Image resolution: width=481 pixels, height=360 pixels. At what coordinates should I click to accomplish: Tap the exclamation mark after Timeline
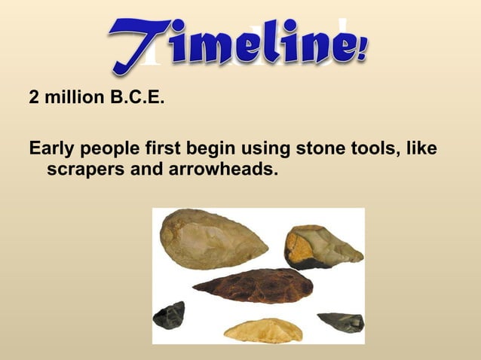coord(362,51)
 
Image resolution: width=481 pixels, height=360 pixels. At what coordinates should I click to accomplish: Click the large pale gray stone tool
coord(212,239)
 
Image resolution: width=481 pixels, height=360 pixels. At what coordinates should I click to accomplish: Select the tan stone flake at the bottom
coord(263,330)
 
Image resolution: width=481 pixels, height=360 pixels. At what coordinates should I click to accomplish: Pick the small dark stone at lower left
coord(169,315)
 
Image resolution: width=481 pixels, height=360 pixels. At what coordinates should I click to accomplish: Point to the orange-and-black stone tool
coord(321,247)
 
